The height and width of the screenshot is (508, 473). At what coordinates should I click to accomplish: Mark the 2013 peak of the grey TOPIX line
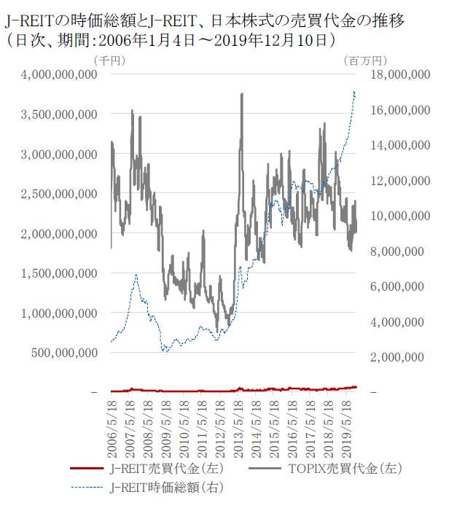(x=241, y=94)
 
